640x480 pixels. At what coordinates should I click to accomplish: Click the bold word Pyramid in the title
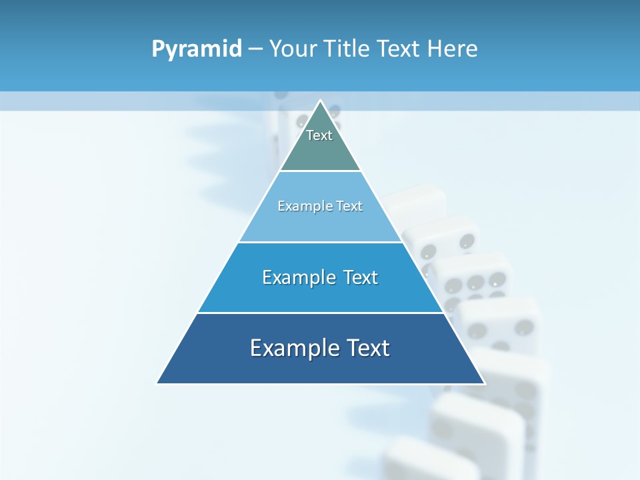[197, 49]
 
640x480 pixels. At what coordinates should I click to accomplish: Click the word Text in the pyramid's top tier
[319, 135]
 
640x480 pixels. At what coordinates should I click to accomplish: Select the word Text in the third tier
[360, 277]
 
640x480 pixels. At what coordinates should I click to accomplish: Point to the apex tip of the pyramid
[321, 101]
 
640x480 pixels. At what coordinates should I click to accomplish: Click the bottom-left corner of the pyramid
[157, 383]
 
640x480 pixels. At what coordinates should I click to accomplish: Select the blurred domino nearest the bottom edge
[427, 463]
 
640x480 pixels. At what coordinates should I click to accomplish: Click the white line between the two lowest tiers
[320, 313]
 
